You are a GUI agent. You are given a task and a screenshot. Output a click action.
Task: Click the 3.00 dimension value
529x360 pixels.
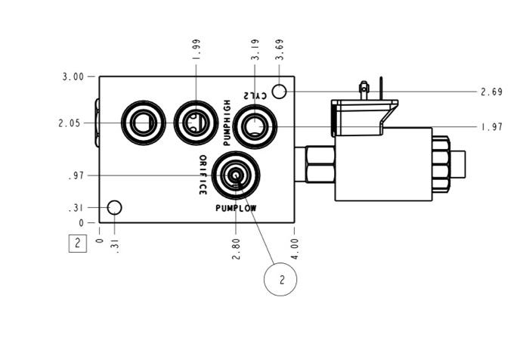[73, 76]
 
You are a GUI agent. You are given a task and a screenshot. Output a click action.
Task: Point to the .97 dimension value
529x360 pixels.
[76, 176]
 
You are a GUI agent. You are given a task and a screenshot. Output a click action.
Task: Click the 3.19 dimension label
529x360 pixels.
[256, 51]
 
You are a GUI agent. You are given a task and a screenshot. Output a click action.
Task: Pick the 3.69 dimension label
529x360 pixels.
[280, 51]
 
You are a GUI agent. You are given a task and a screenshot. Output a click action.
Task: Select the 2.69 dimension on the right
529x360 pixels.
[491, 92]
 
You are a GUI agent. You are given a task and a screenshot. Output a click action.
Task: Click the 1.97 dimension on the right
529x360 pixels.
[491, 127]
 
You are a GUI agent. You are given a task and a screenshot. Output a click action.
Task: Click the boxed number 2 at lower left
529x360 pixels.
[77, 244]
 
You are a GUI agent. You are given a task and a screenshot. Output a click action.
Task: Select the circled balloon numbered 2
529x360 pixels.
[280, 279]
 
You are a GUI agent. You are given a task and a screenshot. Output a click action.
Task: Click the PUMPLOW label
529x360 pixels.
[236, 207]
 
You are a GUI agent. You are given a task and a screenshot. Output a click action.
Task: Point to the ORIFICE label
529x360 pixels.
[203, 175]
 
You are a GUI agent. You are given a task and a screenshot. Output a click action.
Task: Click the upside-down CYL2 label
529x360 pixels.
[256, 95]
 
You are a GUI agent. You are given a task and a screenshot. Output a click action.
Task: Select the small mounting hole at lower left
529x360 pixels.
[115, 207]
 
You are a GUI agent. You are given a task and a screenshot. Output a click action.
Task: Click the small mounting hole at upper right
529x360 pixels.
[279, 92]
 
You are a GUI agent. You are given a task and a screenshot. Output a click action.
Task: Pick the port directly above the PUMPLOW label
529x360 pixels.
[236, 175]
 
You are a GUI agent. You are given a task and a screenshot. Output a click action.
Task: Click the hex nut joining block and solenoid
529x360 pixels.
[320, 165]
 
